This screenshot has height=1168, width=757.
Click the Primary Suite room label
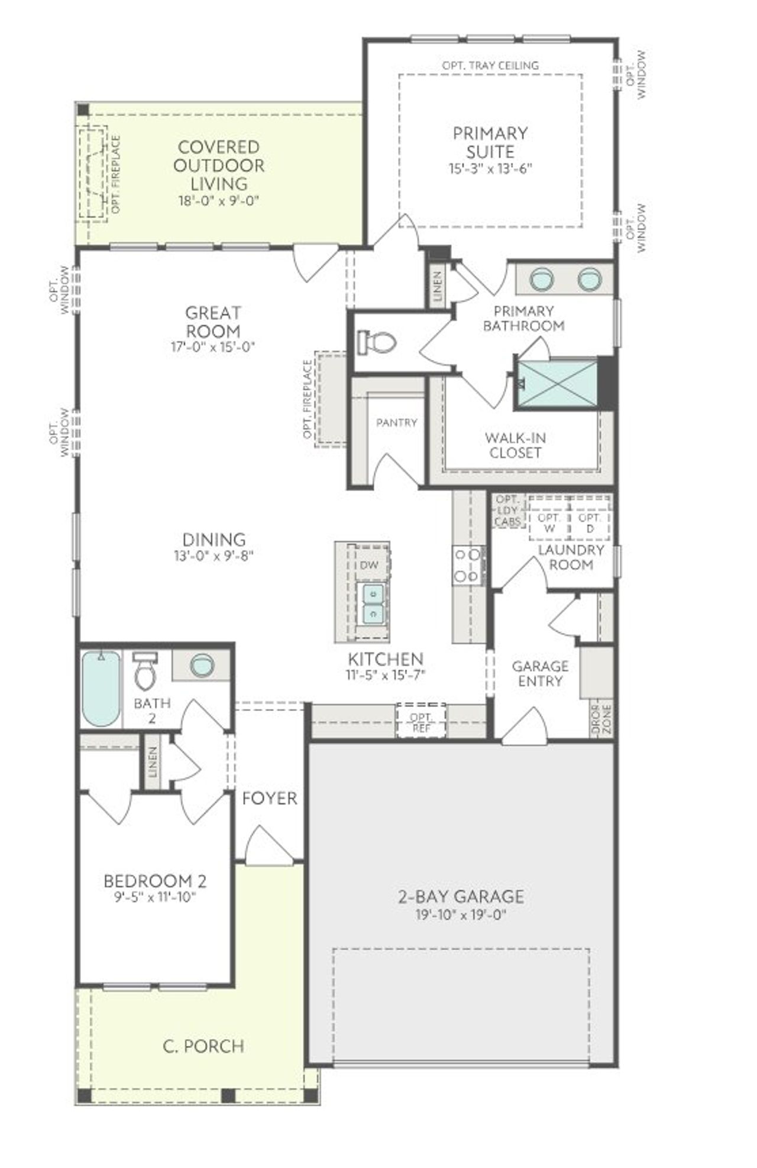pyautogui.click(x=490, y=142)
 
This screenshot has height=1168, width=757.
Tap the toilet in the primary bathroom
pyautogui.click(x=377, y=342)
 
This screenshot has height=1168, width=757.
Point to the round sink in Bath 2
pyautogui.click(x=202, y=665)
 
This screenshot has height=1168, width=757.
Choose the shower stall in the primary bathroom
pyautogui.click(x=556, y=383)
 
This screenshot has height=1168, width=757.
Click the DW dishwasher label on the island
pyautogui.click(x=369, y=565)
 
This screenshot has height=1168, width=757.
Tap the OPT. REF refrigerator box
pyautogui.click(x=421, y=719)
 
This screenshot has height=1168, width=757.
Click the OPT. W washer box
pyautogui.click(x=549, y=523)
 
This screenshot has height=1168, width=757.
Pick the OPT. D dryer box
pyautogui.click(x=589, y=523)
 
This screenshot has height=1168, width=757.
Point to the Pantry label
pyautogui.click(x=396, y=423)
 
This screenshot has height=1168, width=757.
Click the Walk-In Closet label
pyautogui.click(x=515, y=446)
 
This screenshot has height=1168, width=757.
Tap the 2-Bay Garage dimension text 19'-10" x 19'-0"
pyautogui.click(x=461, y=916)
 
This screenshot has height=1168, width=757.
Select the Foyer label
pyautogui.click(x=270, y=799)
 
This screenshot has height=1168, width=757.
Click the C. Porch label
pyautogui.click(x=203, y=1046)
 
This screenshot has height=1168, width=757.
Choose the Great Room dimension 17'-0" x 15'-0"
pyautogui.click(x=213, y=347)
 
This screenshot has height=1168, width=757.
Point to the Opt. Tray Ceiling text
pyautogui.click(x=490, y=65)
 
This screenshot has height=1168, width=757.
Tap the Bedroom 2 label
pyautogui.click(x=155, y=881)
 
